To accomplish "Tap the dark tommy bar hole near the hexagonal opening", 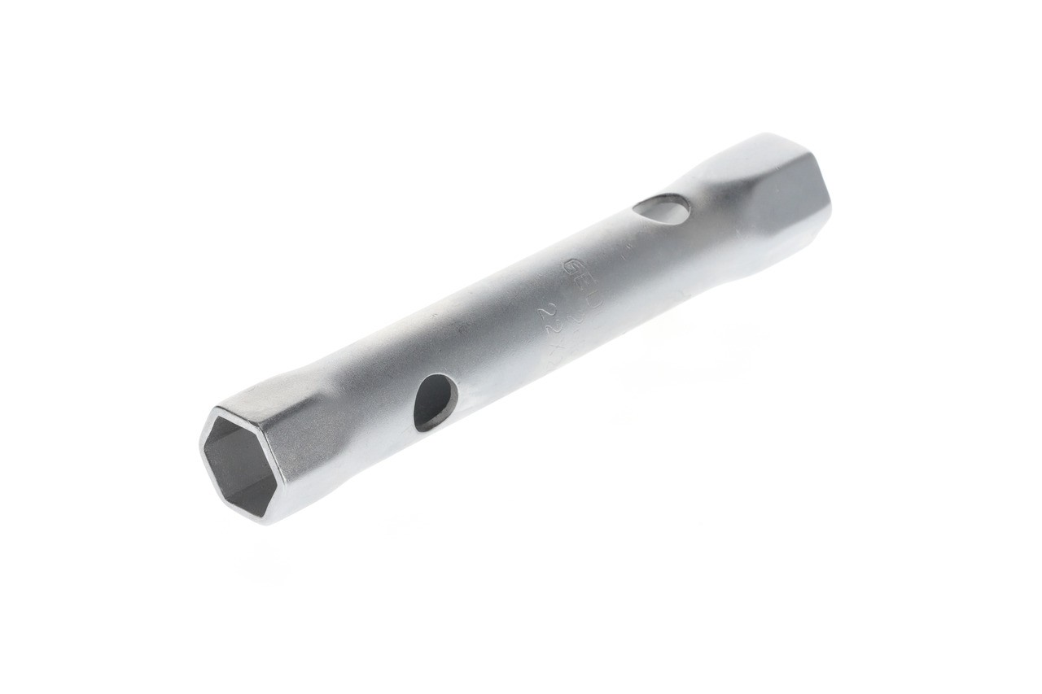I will tap(435, 402).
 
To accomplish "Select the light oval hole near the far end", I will tap(661, 210).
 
